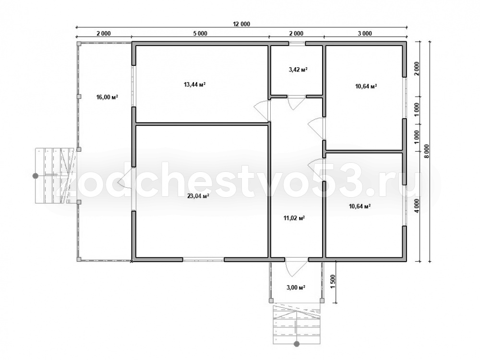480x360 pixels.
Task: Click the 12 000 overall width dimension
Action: [x=241, y=24]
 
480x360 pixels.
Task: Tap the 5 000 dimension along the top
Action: [x=200, y=34]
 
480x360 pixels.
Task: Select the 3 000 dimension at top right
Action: [x=365, y=34]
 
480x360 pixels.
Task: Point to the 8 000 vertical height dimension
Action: [x=427, y=151]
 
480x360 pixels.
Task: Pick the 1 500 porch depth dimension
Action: [x=334, y=280]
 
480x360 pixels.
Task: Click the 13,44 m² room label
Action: [x=194, y=84]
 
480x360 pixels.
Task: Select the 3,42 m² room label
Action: [x=298, y=70]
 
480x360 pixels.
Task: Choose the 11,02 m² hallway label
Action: [x=294, y=218]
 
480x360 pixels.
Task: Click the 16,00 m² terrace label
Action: [x=107, y=97]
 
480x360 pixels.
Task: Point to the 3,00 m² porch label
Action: [x=296, y=288]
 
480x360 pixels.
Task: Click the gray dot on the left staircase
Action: [x=36, y=176]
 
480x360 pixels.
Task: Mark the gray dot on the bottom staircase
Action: [x=296, y=344]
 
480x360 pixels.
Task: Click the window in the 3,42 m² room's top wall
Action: [x=297, y=44]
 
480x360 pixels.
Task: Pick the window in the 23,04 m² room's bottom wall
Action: [x=204, y=260]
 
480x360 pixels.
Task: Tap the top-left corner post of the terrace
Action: [x=79, y=44]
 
